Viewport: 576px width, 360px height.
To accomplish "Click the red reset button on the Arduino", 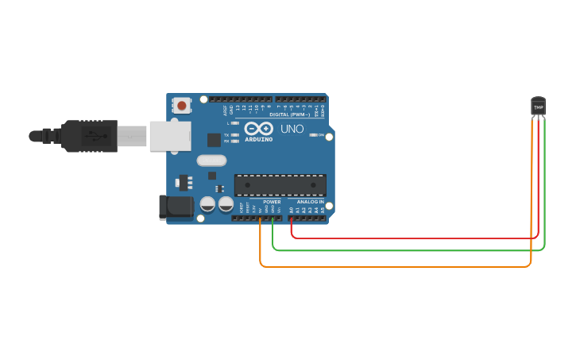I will tap(182, 105).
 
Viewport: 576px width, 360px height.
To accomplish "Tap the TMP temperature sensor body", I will tap(539, 106).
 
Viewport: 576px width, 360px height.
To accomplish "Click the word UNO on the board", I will tap(292, 129).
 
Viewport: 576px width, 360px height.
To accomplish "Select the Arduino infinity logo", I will tap(258, 129).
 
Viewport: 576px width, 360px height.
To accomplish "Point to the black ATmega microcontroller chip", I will tap(280, 185).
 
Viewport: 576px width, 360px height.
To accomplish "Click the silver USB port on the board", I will tap(169, 136).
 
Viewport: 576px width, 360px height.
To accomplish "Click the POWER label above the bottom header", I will tap(272, 202).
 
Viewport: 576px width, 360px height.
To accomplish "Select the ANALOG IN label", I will tap(311, 202).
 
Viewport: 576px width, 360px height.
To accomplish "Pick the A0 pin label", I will tap(292, 210).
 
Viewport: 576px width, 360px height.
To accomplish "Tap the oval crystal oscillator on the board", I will tap(211, 161).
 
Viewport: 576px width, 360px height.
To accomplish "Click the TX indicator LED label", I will tap(226, 135).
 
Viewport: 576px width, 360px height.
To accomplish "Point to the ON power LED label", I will tap(321, 135).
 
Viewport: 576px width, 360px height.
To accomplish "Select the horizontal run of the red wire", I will tap(413, 238).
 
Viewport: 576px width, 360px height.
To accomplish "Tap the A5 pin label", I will tap(323, 210).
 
